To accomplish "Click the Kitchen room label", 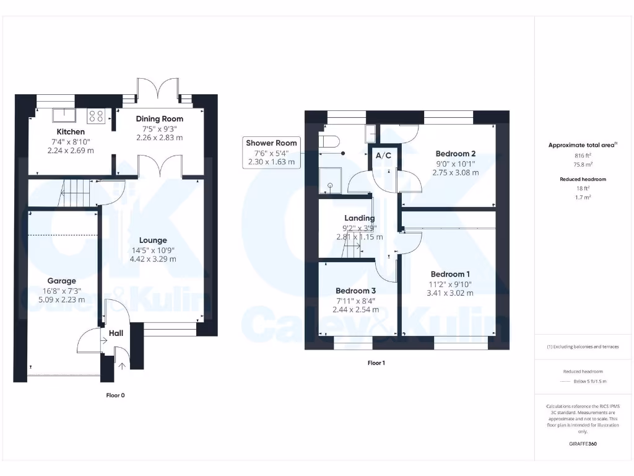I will tap(71, 132).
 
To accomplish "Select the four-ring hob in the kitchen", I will tap(97, 115).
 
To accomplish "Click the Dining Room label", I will tap(160, 118).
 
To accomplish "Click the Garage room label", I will tap(62, 281).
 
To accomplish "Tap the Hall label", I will tap(116, 333).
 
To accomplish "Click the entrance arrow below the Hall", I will tap(121, 365).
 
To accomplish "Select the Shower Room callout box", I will tap(271, 152).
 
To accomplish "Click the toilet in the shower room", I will tap(331, 143).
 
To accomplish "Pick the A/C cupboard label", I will tap(384, 155).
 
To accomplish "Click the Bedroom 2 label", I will tap(455, 154).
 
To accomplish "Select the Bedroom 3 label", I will tap(355, 291).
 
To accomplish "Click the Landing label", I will tap(359, 218).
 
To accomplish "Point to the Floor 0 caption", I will tap(116, 395).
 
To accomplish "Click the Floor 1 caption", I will tap(376, 363).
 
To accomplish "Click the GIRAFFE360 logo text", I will tap(582, 444).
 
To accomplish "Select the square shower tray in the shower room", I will tap(330, 180).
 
